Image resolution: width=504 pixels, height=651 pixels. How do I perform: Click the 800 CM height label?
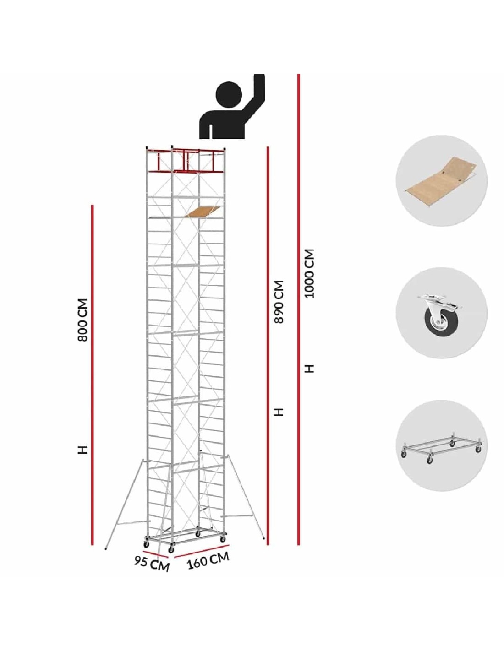click(x=82, y=320)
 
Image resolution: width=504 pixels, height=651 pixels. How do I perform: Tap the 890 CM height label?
click(x=279, y=302)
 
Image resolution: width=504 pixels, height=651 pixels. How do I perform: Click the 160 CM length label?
click(x=208, y=560)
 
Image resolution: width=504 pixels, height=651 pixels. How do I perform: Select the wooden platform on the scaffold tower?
click(x=204, y=211)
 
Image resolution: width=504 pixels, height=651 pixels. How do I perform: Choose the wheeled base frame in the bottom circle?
click(x=441, y=452)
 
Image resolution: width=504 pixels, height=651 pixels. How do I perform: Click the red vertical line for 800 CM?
click(x=93, y=375)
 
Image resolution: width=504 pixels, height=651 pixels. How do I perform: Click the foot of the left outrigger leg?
click(x=106, y=549)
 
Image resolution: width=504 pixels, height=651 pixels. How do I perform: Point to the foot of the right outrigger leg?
click(x=263, y=538)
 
